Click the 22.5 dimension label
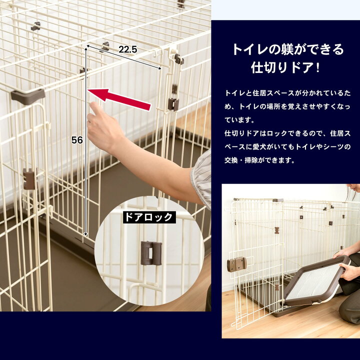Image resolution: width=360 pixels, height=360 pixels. click(127, 49)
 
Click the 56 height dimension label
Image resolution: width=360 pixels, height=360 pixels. click(77, 140)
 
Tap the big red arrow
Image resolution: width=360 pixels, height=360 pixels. click(119, 98)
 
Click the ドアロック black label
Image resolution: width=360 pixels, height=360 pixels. click(149, 217)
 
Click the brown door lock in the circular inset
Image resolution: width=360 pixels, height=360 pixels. click(151, 253)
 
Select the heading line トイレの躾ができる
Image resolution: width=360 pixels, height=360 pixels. click(288, 49)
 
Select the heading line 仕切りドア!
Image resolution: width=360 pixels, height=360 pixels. click(285, 67)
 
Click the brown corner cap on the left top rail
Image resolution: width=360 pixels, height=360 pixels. click(28, 95)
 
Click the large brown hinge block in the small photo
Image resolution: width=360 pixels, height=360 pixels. click(236, 263)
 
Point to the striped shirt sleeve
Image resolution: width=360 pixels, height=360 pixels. click(202, 177)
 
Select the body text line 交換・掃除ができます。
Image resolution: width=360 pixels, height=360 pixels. click(259, 160)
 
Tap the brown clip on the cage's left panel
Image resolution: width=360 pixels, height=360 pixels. click(29, 179)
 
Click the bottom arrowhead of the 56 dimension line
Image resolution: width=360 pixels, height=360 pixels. click(85, 234)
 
